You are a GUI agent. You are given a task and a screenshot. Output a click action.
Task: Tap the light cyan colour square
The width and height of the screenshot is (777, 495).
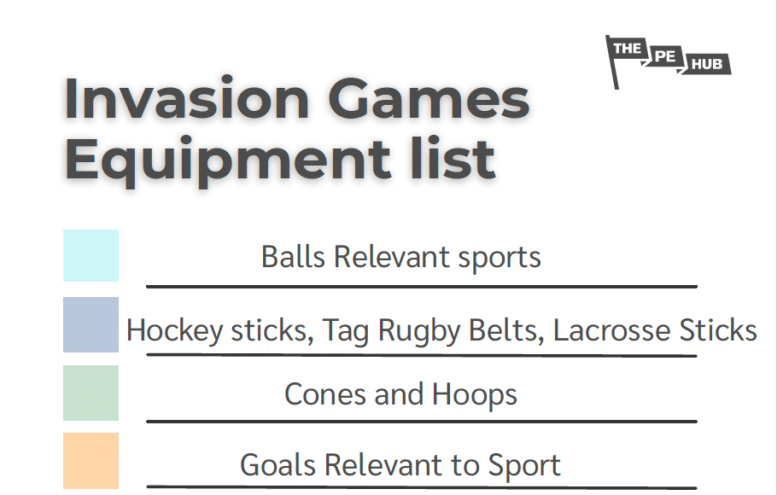[91, 255]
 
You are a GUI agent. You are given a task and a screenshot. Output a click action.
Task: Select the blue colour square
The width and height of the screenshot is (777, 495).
[91, 324]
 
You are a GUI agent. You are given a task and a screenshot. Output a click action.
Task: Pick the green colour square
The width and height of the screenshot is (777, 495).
[91, 393]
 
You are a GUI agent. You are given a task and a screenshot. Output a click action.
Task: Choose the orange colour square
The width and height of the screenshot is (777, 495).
[91, 461]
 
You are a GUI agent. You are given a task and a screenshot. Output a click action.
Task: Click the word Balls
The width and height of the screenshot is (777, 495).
[294, 257]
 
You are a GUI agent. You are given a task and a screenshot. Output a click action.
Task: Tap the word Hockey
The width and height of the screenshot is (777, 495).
[174, 330]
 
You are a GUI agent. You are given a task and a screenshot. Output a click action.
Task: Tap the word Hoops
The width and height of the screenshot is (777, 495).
[474, 394]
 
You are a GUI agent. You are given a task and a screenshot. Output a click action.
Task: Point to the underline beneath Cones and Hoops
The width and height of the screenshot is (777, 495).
[421, 421]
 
